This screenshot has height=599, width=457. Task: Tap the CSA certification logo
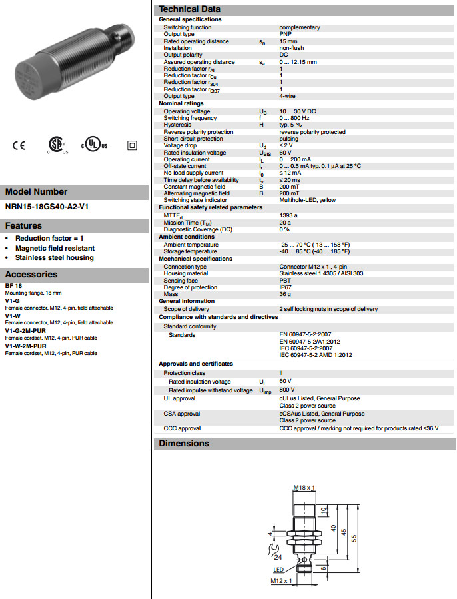pos(55,145)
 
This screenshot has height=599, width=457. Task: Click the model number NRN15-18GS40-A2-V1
pos(47,207)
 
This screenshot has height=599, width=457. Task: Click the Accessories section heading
pos(31,274)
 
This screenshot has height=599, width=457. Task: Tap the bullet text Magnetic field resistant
pos(55,248)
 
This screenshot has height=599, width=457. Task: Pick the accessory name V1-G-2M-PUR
pos(25,330)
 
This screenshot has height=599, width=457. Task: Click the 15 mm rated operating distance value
pos(288,41)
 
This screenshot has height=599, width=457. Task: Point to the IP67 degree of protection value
pos(286,287)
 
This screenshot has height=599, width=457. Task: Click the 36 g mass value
pos(285,294)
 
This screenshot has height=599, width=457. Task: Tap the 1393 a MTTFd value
pos(288,215)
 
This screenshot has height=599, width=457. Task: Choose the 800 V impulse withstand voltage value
pos(287,390)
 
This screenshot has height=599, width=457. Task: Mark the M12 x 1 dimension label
pos(281,581)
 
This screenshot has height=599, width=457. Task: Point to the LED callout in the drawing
pos(279,570)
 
